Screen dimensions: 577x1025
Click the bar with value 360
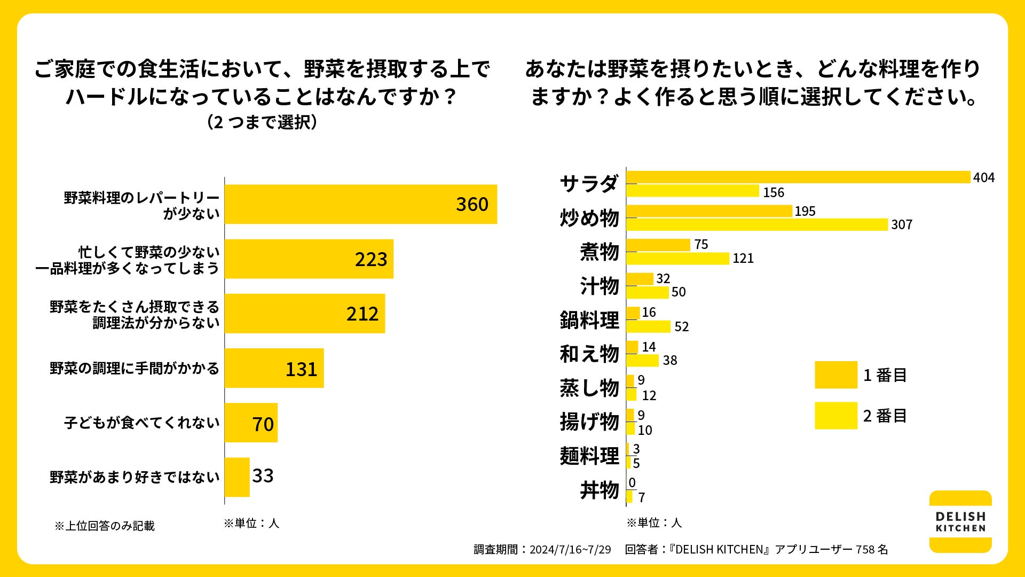(x=360, y=204)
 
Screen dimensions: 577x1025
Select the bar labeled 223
(x=309, y=259)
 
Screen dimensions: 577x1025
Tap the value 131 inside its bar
(x=301, y=369)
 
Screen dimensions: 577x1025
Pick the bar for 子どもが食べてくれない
(x=251, y=423)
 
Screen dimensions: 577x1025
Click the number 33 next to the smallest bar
(x=263, y=475)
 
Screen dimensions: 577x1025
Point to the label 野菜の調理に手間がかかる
(x=135, y=368)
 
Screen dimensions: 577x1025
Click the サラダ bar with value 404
(x=798, y=177)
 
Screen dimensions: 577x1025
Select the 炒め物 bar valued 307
(x=757, y=224)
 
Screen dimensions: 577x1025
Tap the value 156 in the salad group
(x=774, y=192)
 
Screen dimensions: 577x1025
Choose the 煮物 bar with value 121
(x=677, y=259)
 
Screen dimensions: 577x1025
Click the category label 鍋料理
(x=589, y=320)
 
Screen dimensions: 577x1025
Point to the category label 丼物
(x=600, y=490)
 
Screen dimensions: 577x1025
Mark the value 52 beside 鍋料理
(x=681, y=326)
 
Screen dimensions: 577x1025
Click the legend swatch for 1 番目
(x=835, y=375)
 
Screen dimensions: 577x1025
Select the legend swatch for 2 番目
(x=835, y=416)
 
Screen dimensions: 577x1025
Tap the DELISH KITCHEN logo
(x=960, y=521)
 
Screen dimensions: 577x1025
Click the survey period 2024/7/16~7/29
(x=570, y=549)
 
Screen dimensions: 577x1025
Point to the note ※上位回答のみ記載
(x=105, y=526)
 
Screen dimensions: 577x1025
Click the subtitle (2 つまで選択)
(x=262, y=122)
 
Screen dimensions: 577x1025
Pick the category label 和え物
(x=589, y=354)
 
